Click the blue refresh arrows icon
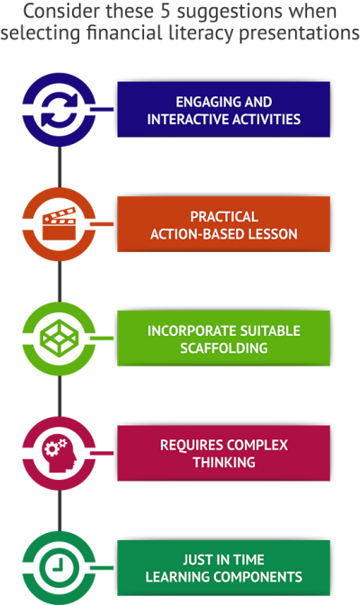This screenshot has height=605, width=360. click(59, 110)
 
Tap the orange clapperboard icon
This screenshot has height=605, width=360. click(59, 224)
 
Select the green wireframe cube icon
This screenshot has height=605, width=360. click(59, 338)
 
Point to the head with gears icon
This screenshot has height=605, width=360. click(59, 454)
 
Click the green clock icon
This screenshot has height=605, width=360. click(59, 567)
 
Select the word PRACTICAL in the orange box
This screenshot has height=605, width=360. click(224, 217)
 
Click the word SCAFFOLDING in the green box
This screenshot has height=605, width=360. click(224, 348)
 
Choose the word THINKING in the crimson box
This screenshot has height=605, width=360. click(224, 462)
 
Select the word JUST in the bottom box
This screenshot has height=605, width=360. click(196, 560)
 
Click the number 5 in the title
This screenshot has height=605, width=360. click(165, 12)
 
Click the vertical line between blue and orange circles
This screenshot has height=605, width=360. click(59, 167)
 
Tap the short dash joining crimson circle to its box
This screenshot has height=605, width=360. click(102, 453)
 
